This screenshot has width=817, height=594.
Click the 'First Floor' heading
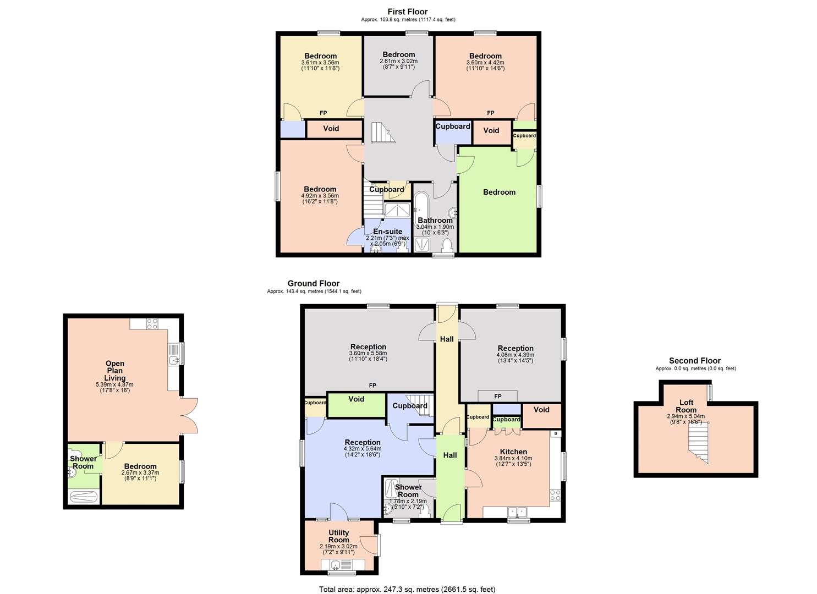[407, 12]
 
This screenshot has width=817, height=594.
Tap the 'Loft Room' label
[686, 406]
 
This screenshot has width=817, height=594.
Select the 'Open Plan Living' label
[115, 371]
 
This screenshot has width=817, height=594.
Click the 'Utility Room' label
[338, 536]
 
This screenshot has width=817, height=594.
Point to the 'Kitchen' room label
[513, 452]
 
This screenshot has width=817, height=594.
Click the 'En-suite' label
[387, 232]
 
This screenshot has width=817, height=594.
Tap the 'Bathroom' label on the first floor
[435, 221]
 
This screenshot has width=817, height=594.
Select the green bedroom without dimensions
[499, 192]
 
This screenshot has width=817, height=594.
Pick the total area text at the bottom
[407, 589]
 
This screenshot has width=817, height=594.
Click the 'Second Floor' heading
[695, 361]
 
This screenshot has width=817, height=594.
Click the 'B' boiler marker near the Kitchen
[556, 433]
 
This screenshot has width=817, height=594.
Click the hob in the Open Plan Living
[152, 324]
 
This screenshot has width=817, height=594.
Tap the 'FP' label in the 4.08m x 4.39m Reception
[498, 397]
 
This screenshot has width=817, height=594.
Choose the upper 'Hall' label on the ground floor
[447, 339]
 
